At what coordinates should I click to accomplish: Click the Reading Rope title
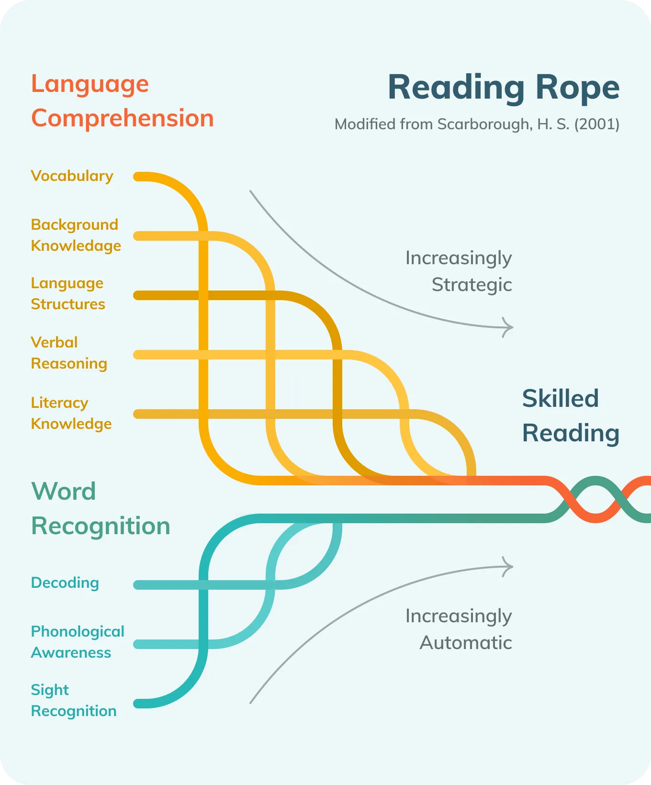point(503,88)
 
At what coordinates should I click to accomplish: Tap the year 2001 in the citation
point(596,124)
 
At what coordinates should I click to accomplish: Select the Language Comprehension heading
point(122,101)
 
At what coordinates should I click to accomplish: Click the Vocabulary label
point(72,176)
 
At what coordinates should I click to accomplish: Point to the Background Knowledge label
point(76,235)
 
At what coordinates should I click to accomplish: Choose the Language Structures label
point(68,293)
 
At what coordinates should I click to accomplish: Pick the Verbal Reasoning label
point(69,353)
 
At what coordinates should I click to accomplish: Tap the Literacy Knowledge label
point(71,413)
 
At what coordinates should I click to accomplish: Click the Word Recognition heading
point(101,508)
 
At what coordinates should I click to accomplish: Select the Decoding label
point(65,583)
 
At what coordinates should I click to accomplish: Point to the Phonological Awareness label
point(77,642)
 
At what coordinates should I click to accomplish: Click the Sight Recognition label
point(73,700)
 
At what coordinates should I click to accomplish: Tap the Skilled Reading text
point(571,415)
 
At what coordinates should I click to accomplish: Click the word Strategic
point(471,285)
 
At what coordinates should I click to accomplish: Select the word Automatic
point(465,643)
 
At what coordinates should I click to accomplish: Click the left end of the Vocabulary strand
point(138,177)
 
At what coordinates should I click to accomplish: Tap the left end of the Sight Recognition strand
point(138,704)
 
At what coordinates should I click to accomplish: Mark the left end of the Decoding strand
point(138,585)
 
